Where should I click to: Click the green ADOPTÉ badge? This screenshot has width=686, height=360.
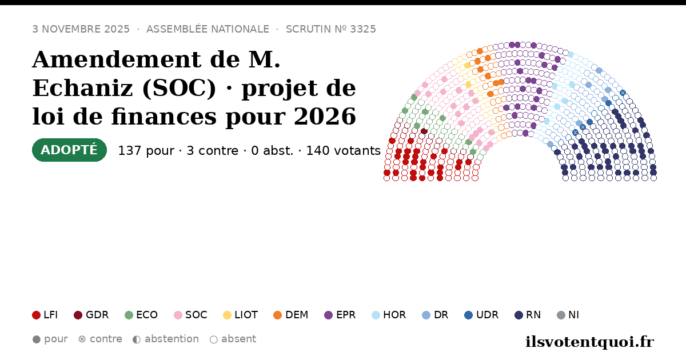[69, 150]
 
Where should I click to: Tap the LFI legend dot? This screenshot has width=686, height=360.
[36, 315]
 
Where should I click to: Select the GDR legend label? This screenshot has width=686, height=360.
[97, 315]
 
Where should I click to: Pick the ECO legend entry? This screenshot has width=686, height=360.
[141, 315]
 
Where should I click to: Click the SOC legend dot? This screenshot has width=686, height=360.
[178, 315]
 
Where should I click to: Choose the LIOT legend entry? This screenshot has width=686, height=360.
[241, 315]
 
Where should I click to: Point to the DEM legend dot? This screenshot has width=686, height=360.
[277, 315]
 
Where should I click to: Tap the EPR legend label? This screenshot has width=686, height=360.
[346, 315]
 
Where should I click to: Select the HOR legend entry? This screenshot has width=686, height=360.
[389, 315]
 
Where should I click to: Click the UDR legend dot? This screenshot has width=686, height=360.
[469, 315]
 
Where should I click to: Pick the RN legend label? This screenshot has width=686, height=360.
[533, 315]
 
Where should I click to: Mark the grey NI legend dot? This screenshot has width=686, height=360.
[561, 315]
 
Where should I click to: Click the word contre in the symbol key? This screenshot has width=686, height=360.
[106, 339]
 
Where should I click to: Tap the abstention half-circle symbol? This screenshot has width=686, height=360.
[137, 339]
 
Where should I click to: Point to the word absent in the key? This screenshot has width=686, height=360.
[238, 339]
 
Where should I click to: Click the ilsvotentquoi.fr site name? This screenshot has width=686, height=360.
[589, 342]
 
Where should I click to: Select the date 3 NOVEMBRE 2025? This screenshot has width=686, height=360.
[81, 29]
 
